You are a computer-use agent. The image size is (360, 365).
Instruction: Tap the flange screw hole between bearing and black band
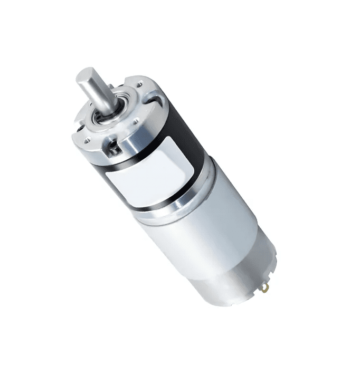[x=136, y=122]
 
